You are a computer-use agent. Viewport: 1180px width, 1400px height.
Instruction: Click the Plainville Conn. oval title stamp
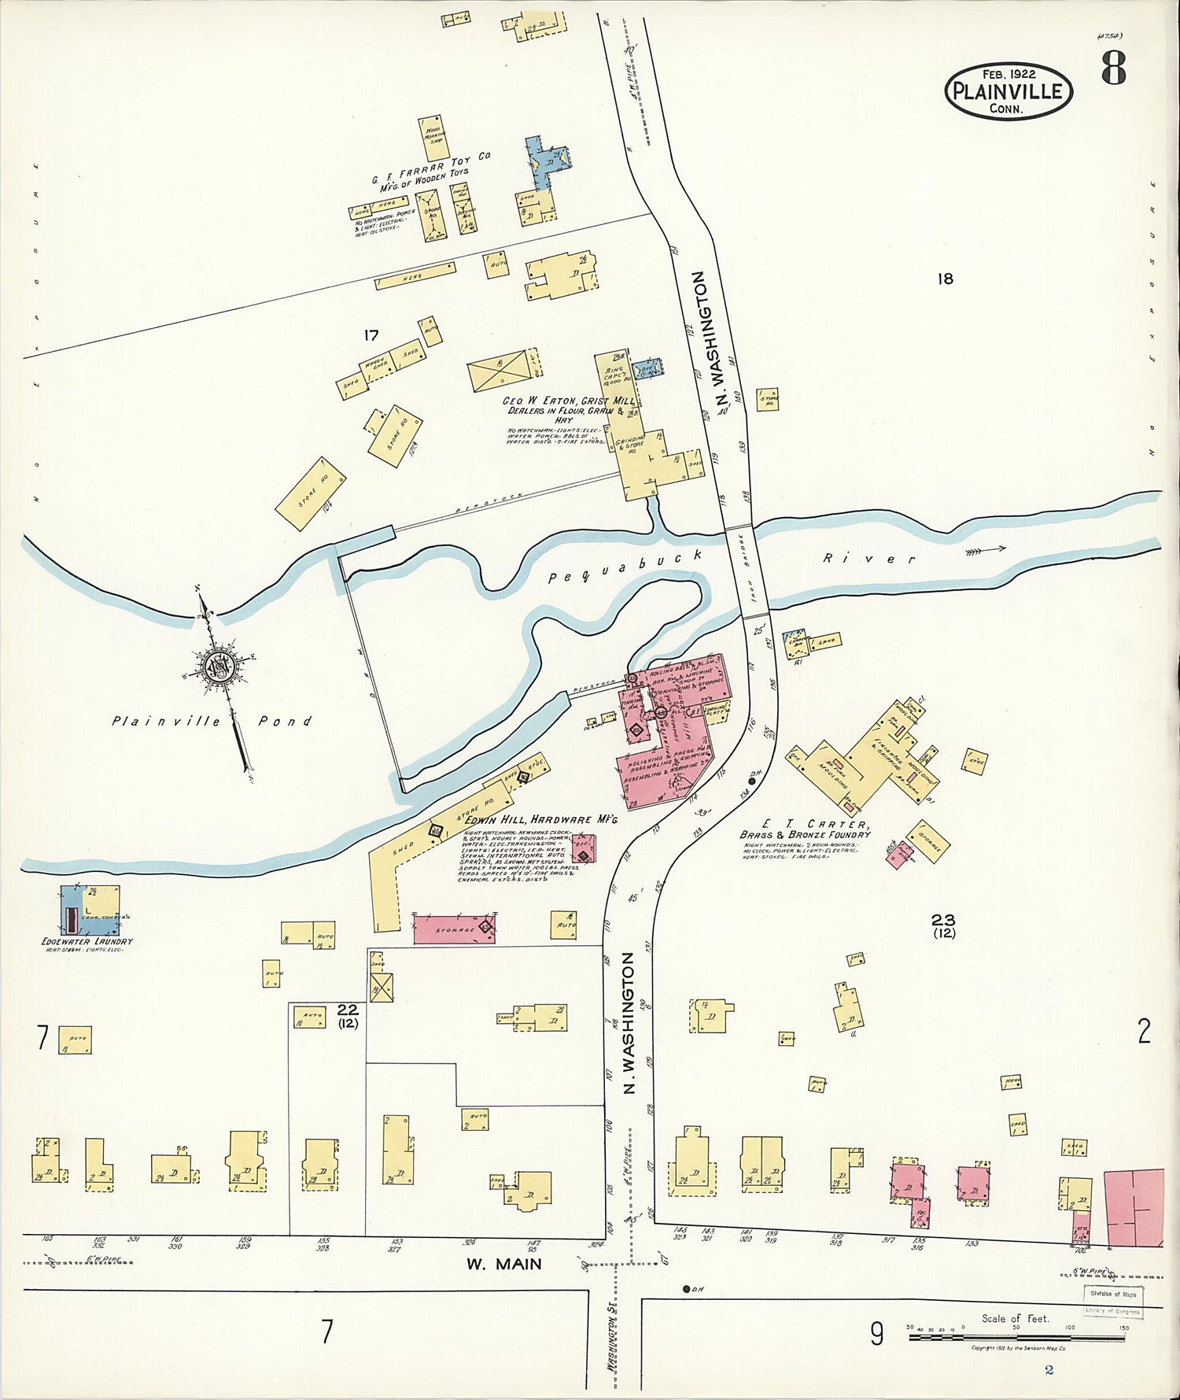point(1008,91)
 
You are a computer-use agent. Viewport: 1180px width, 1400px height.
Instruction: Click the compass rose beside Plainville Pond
point(218,667)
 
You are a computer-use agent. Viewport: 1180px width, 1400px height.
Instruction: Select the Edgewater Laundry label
point(87,941)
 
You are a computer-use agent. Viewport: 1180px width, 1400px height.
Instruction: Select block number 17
point(371,336)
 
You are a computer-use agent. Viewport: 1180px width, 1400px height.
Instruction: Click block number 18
point(945,278)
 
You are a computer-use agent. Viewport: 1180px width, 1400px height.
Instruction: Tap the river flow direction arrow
point(986,550)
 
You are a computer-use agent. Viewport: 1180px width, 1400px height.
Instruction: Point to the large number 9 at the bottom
point(877,1333)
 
